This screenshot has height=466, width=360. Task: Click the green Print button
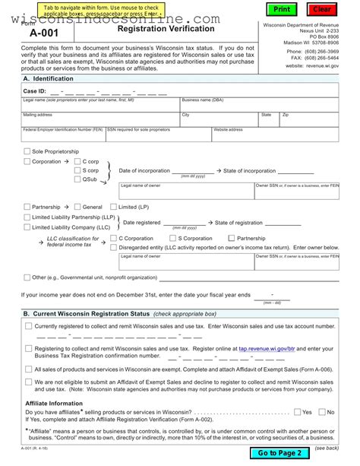[x=282, y=9]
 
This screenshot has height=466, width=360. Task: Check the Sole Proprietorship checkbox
[x=27, y=151]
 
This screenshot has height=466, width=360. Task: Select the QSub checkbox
[x=77, y=180]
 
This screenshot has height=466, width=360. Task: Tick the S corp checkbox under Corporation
[x=77, y=171]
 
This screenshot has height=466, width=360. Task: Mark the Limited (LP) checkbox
[x=113, y=207]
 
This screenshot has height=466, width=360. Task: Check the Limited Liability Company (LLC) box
[x=27, y=227]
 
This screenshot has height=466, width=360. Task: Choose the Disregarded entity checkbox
[x=114, y=247]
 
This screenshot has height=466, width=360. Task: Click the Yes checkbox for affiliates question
[x=297, y=412]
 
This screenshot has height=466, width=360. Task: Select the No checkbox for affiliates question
[x=321, y=412]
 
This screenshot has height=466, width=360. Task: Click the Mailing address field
[x=99, y=121]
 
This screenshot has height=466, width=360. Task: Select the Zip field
[x=308, y=121]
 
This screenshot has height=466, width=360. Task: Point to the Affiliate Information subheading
[x=54, y=403]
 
